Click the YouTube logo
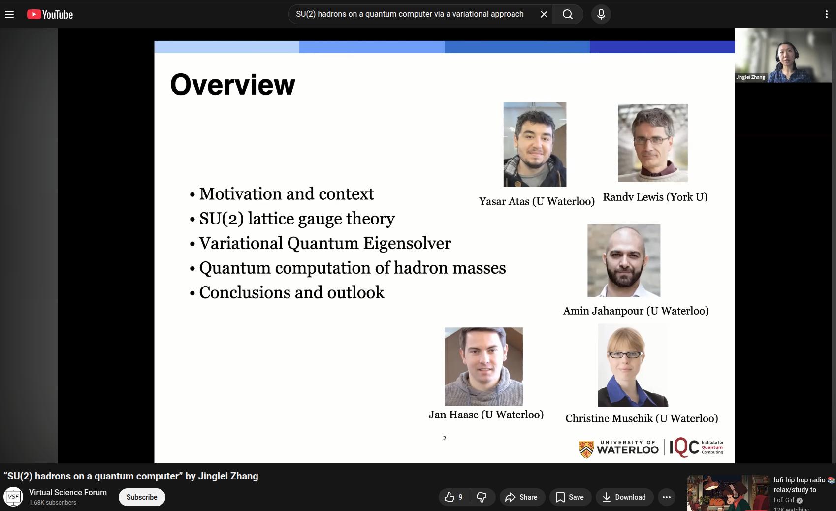[50, 15]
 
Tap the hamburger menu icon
[9, 15]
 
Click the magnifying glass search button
[567, 14]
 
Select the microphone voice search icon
[601, 14]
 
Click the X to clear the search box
[544, 14]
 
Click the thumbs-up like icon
[450, 497]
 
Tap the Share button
[521, 497]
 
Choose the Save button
[570, 497]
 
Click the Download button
[624, 497]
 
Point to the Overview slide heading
[232, 84]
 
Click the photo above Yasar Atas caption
[535, 144]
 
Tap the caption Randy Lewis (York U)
[655, 197]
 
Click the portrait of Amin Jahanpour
[624, 260]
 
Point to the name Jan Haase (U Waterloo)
[486, 415]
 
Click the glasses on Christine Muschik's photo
[626, 354]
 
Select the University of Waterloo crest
[586, 449]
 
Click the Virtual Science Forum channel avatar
[13, 497]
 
